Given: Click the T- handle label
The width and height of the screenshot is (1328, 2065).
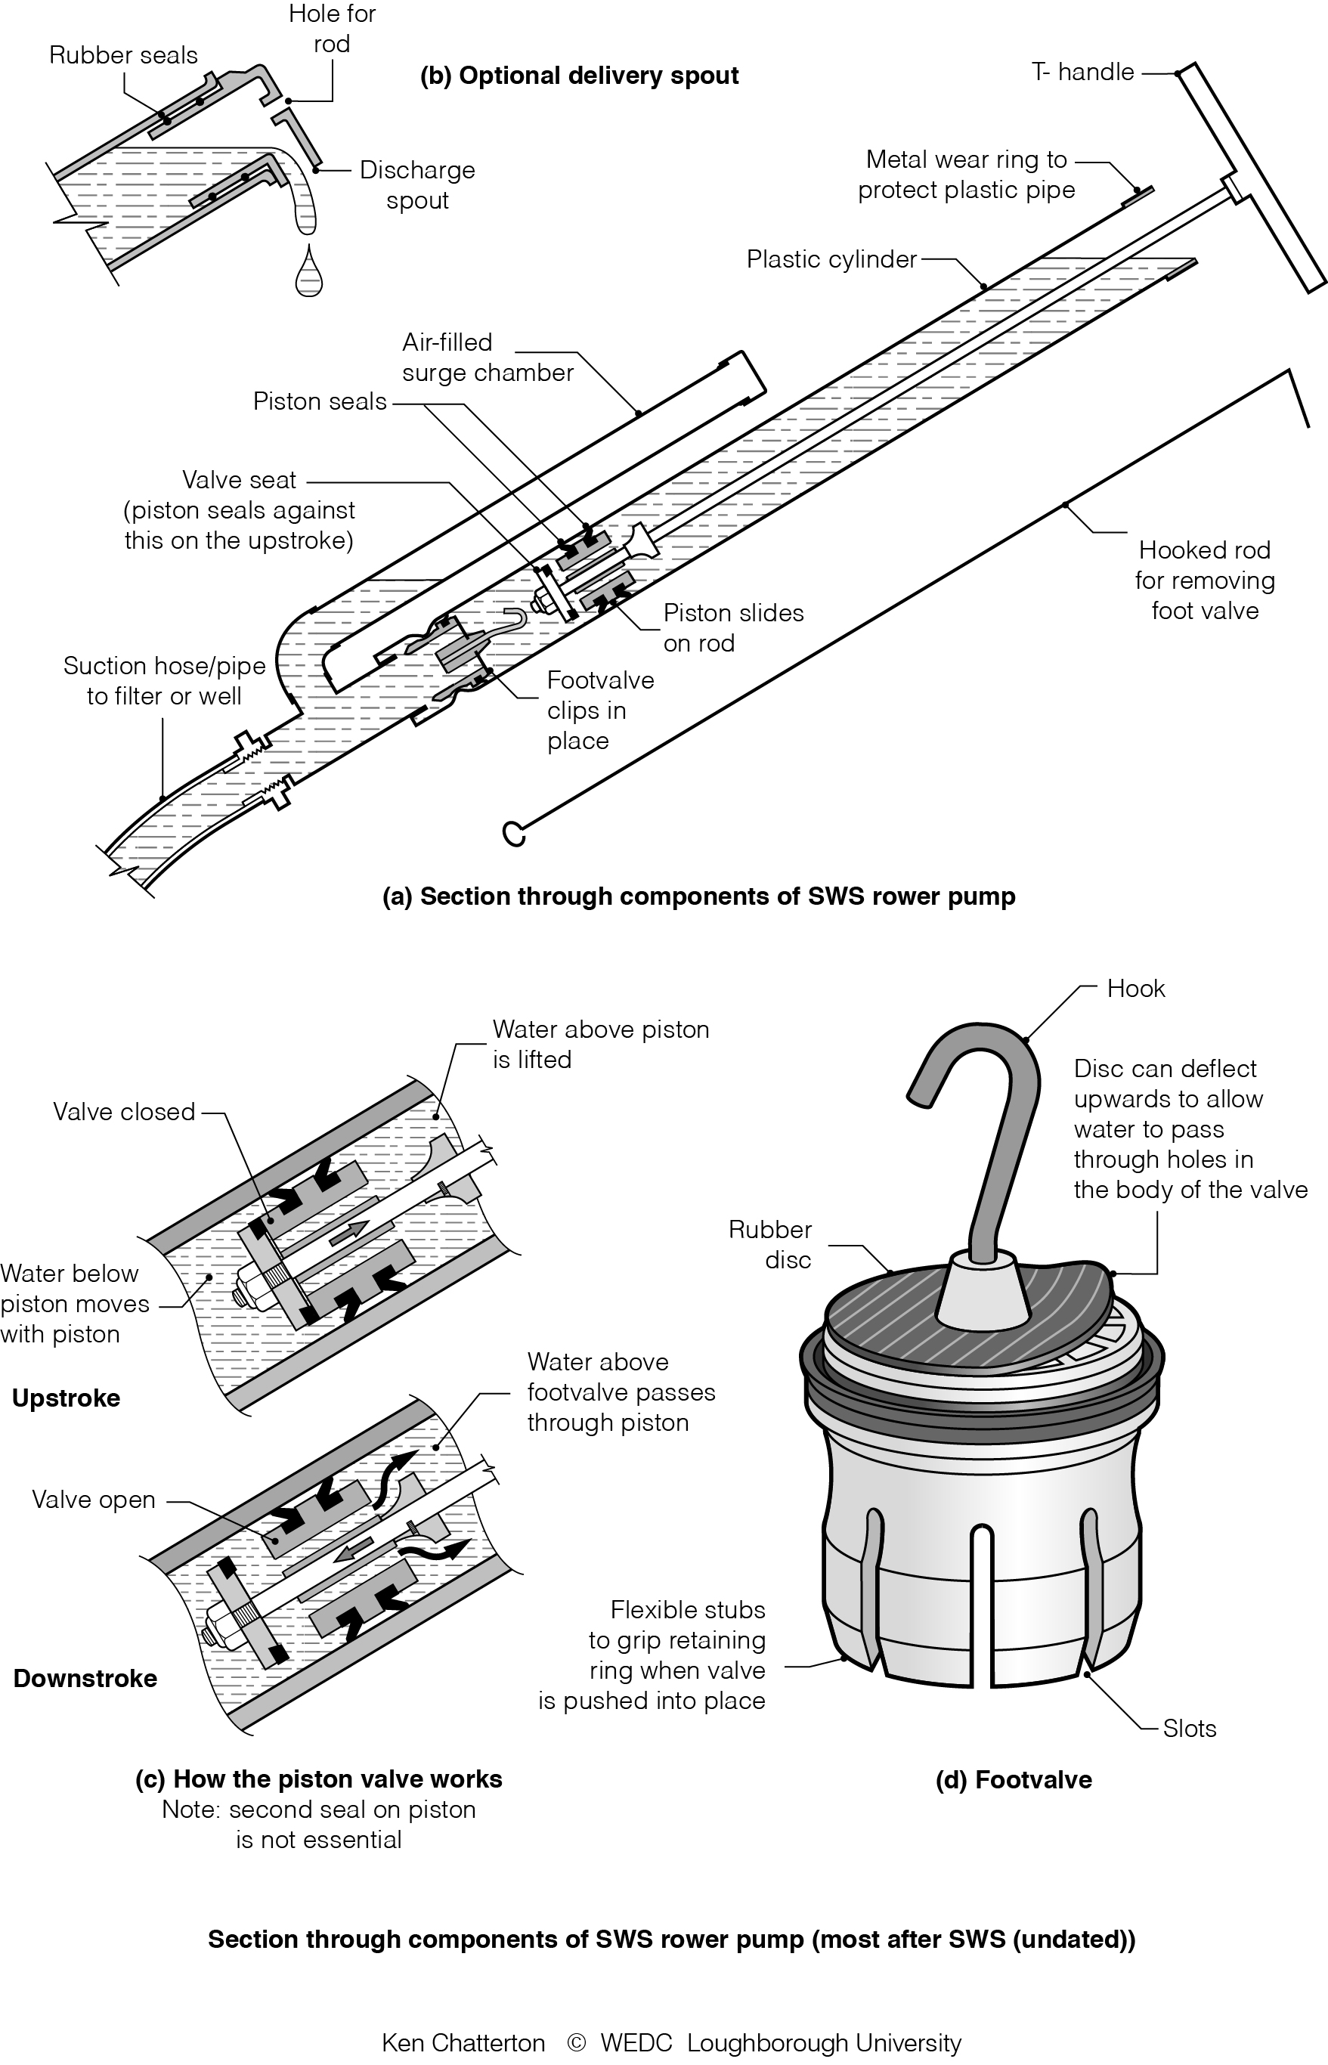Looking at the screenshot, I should (x=1082, y=72).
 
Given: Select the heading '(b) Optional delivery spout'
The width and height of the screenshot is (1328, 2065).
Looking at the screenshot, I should (x=579, y=76).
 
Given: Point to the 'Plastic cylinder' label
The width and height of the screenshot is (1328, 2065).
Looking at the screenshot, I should (x=831, y=259).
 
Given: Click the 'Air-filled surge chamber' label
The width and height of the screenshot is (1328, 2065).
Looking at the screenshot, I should (x=488, y=358).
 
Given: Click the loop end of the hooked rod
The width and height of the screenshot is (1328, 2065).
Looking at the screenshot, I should (x=514, y=833).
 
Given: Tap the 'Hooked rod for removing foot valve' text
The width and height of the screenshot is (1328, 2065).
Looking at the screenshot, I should (x=1205, y=580).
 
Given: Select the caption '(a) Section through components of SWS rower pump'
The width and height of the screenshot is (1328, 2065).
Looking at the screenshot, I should (x=698, y=896).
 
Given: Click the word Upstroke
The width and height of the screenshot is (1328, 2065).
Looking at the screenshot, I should (x=67, y=1398).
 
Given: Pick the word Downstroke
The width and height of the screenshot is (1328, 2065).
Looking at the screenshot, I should (x=85, y=1679).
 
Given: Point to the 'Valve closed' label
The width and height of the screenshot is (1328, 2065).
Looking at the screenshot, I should (x=124, y=1111).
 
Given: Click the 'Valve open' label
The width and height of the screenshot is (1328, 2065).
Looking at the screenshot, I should (x=94, y=1500).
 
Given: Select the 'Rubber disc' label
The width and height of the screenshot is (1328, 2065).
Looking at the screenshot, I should (x=770, y=1244).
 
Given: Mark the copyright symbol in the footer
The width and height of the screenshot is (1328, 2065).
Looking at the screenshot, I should (x=577, y=2042).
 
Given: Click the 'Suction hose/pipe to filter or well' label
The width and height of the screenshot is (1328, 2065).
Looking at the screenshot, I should (x=164, y=680).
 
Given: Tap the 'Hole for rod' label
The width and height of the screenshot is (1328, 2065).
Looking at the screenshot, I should (x=332, y=29).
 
